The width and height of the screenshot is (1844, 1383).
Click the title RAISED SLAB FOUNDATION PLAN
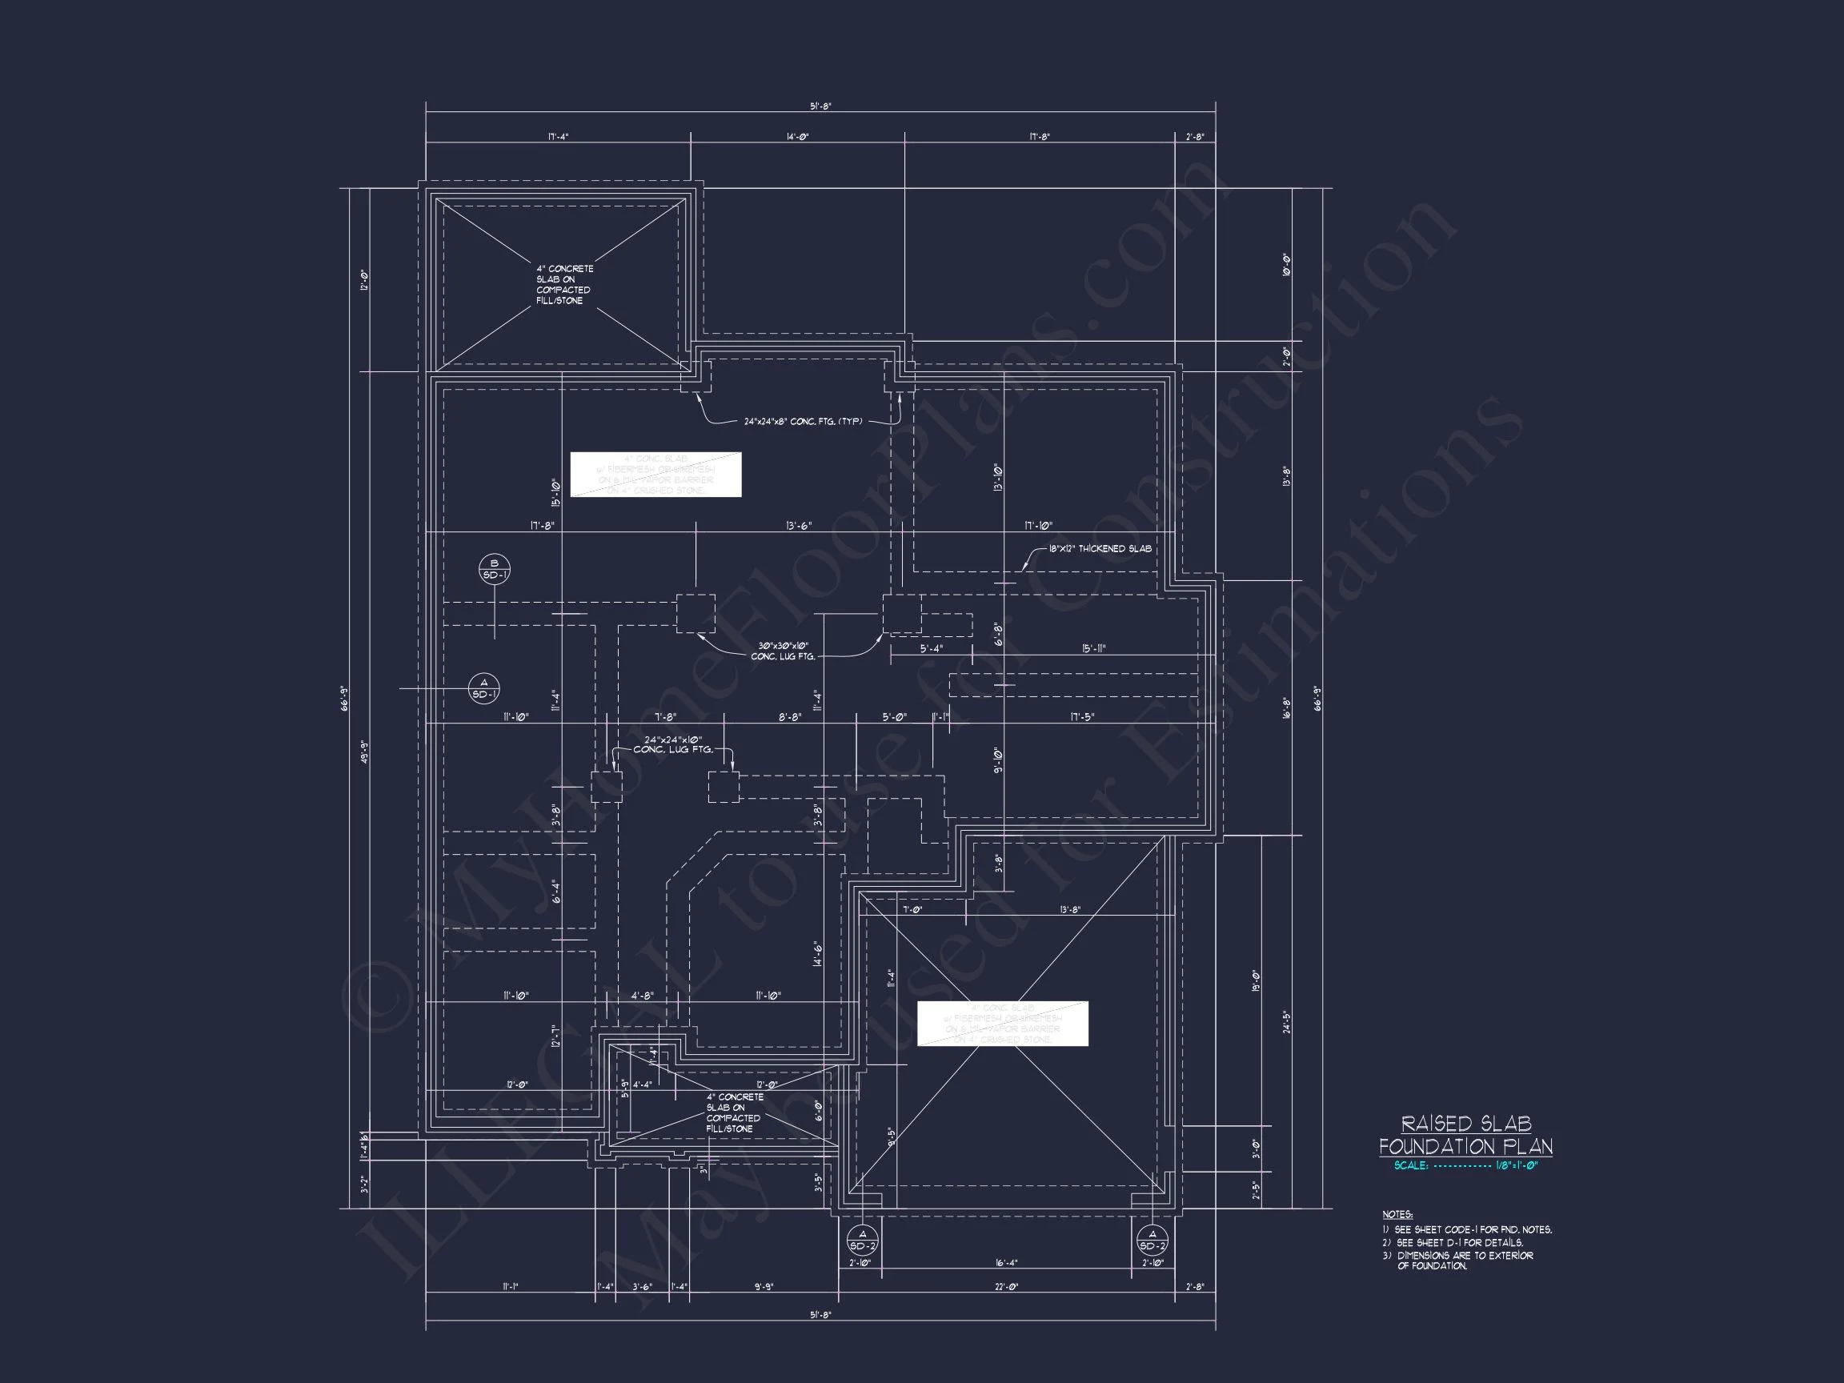(1465, 1135)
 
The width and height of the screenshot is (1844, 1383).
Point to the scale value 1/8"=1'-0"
(1517, 1165)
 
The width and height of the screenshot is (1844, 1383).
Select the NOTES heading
(1397, 1215)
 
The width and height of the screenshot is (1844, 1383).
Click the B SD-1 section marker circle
(495, 569)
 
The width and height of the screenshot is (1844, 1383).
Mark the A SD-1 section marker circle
(484, 688)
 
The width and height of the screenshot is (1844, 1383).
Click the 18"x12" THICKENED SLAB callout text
(1100, 548)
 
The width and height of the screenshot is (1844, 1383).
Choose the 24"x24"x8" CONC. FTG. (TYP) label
(803, 422)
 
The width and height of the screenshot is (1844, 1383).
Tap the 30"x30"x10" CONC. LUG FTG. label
(783, 651)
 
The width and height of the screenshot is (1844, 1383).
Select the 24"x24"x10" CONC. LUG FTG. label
(673, 744)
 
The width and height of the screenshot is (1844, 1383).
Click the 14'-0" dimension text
(797, 137)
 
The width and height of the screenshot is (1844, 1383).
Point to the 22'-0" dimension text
(1006, 1287)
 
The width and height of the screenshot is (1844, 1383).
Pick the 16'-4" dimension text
(1006, 1263)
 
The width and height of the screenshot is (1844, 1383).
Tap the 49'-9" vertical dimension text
(364, 753)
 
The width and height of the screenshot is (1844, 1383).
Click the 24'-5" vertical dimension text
(1286, 1022)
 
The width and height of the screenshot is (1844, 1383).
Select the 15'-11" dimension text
(1094, 648)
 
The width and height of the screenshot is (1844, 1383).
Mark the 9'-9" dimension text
(763, 1287)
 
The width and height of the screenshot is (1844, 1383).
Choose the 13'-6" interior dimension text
(799, 526)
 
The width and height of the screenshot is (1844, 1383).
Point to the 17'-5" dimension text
(1082, 717)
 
